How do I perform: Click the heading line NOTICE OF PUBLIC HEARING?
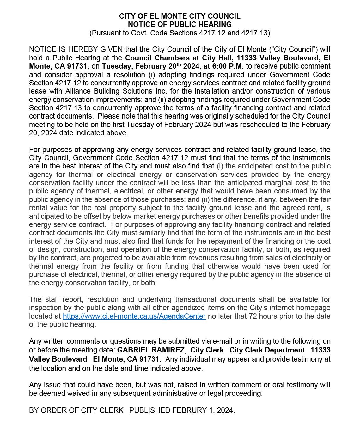180,24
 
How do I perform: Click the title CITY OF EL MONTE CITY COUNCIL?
180,16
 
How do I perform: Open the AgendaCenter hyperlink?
134,316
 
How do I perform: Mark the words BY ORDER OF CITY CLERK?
76,410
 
